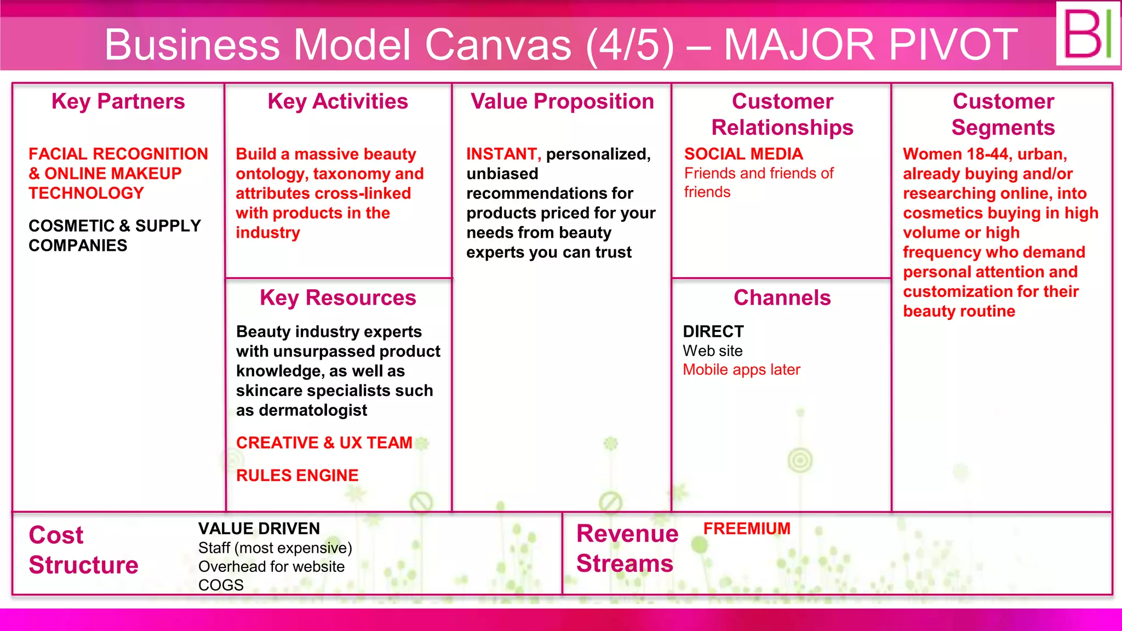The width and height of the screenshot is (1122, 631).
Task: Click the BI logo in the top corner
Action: (1087, 34)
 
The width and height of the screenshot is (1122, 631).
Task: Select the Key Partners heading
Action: (118, 102)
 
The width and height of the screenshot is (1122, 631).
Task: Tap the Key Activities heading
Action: (337, 102)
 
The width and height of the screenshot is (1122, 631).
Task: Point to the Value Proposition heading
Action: (562, 102)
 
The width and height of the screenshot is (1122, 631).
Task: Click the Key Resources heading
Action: (337, 298)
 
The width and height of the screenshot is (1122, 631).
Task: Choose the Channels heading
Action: (782, 298)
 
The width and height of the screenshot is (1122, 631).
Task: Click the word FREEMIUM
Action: (747, 529)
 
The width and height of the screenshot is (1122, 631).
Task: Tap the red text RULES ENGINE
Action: (297, 475)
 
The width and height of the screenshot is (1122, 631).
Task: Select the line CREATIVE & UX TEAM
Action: (324, 443)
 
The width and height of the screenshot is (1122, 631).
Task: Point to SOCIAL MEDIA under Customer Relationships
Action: (743, 154)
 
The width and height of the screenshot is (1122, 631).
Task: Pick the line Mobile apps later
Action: (741, 370)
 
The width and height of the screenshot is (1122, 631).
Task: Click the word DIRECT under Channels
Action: (713, 332)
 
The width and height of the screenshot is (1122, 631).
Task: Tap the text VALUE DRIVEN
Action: (259, 529)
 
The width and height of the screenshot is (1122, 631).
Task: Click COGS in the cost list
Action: (221, 585)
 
